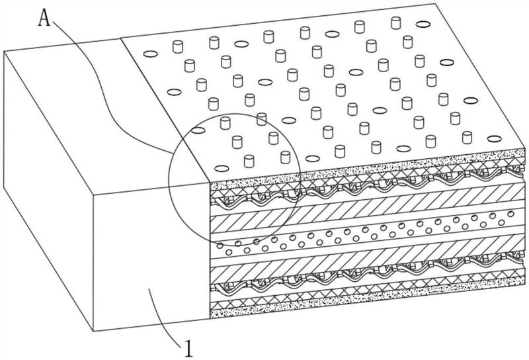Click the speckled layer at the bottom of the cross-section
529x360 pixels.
point(364,308)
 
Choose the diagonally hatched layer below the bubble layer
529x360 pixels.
point(364,265)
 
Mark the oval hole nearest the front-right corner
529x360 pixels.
point(495,138)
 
